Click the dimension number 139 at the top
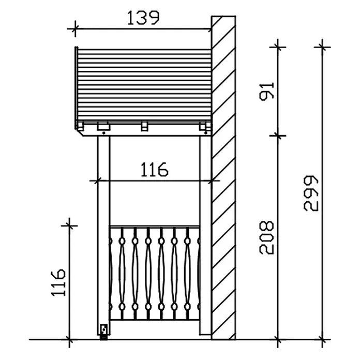[143, 18]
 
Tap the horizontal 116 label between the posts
[154, 170]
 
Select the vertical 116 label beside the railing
[58, 282]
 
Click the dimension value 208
[266, 237]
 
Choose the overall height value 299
[311, 193]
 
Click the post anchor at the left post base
[104, 332]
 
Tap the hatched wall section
[223, 177]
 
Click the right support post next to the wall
[205, 235]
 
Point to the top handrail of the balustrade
[155, 227]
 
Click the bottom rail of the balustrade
[155, 320]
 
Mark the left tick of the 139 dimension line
[75, 28]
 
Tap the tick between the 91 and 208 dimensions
[278, 136]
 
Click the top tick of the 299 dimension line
[322, 47]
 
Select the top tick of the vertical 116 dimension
[69, 226]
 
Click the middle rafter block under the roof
[144, 126]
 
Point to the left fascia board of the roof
[76, 88]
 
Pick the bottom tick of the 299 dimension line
[322, 339]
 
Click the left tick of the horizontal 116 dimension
[98, 181]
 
